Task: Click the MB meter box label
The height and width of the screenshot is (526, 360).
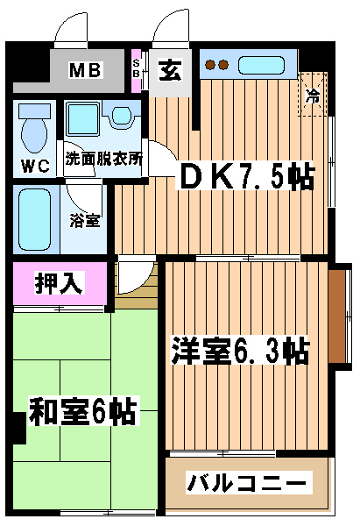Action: pos(85,70)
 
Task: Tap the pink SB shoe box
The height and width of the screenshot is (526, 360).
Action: pos(136,71)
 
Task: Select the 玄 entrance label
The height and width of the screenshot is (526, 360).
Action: pos(170,70)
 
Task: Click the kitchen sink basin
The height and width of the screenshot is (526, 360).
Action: pos(261,66)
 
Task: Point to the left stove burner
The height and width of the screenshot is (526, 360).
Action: pos(210,65)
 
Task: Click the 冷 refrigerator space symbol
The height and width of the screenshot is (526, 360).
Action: pos(313,95)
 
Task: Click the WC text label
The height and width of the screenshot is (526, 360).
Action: pos(35,166)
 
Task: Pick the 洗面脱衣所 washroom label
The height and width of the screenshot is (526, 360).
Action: pos(103,159)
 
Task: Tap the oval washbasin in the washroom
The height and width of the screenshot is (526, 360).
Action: pos(121,115)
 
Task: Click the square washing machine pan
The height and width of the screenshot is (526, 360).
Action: pos(83,118)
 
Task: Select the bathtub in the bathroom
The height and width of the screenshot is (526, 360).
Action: pos(34,219)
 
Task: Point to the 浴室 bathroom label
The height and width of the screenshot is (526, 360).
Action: pos(85,220)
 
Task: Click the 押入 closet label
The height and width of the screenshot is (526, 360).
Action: pos(59,283)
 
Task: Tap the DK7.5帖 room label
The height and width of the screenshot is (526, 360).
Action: pos(247,175)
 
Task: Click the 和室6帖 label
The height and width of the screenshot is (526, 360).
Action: pos(83,411)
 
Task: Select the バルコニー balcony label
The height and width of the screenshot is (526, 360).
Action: pos(246,483)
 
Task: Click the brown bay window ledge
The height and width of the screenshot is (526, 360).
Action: pos(336,316)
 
